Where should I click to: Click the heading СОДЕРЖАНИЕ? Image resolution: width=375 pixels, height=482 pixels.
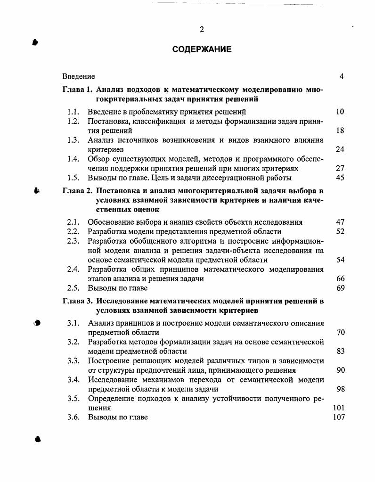[202, 49]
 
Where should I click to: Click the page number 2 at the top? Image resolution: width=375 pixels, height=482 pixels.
[202, 30]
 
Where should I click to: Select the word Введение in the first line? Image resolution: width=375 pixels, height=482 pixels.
[79, 76]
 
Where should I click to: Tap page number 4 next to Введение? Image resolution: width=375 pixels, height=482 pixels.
[342, 76]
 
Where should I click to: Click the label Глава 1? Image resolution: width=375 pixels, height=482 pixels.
[77, 89]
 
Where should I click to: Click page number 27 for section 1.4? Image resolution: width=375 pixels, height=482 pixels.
[340, 168]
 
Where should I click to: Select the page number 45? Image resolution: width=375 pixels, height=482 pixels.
[340, 178]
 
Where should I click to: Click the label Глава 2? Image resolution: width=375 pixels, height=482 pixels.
[77, 191]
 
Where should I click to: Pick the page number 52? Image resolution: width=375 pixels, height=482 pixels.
[340, 231]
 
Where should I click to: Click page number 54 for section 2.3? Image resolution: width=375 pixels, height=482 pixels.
[340, 260]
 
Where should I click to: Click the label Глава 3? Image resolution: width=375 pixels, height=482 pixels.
[77, 301]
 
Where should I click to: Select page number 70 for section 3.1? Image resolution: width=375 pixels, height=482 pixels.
[340, 333]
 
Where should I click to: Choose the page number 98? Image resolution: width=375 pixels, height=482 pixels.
[340, 389]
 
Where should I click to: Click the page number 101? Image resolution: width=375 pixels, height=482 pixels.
[339, 408]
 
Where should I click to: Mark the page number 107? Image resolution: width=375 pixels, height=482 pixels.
[339, 417]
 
